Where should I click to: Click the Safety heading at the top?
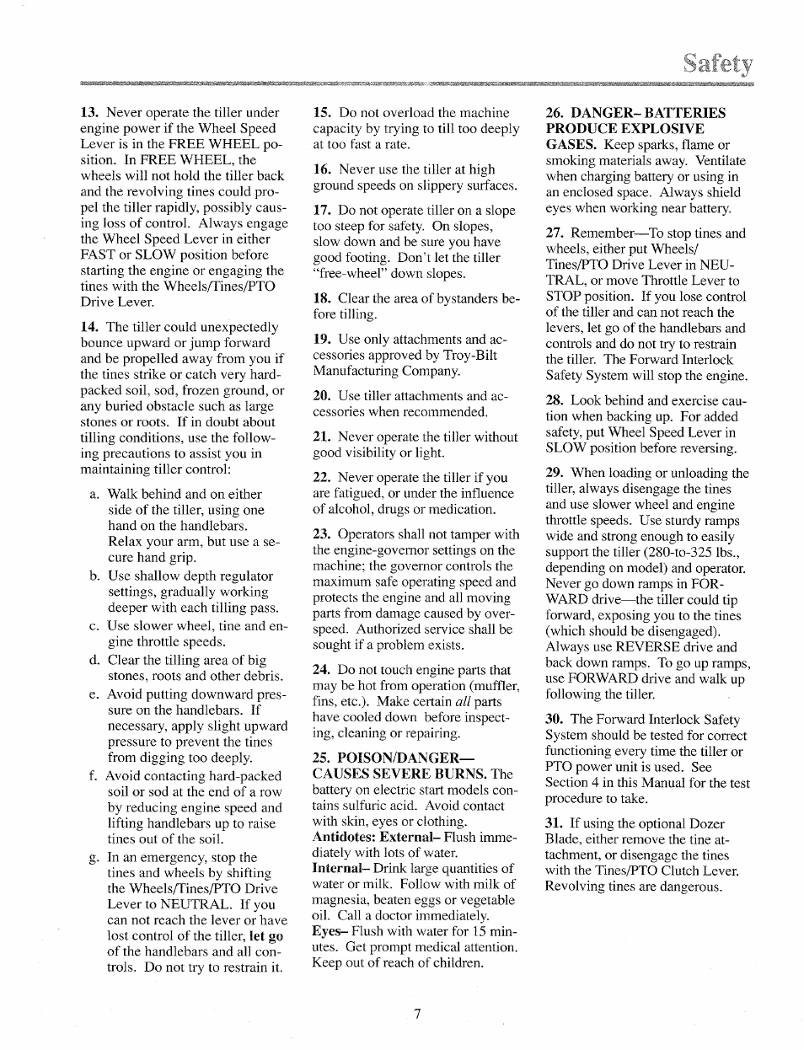(x=719, y=64)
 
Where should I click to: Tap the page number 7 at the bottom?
(x=416, y=1014)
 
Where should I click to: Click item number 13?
(x=90, y=113)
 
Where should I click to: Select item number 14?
(x=90, y=327)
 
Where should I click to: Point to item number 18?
(x=322, y=298)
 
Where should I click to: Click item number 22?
(x=322, y=478)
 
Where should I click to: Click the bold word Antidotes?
(x=345, y=837)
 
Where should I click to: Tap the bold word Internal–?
(x=337, y=868)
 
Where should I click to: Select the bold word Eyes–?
(x=330, y=931)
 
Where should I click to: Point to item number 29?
(x=555, y=473)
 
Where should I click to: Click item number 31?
(x=555, y=823)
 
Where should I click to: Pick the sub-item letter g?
(x=94, y=858)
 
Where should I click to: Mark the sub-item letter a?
(x=94, y=494)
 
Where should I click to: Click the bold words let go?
(x=266, y=936)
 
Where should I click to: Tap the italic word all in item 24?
(x=464, y=701)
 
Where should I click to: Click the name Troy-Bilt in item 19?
(x=474, y=355)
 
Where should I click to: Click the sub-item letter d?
(x=94, y=660)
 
